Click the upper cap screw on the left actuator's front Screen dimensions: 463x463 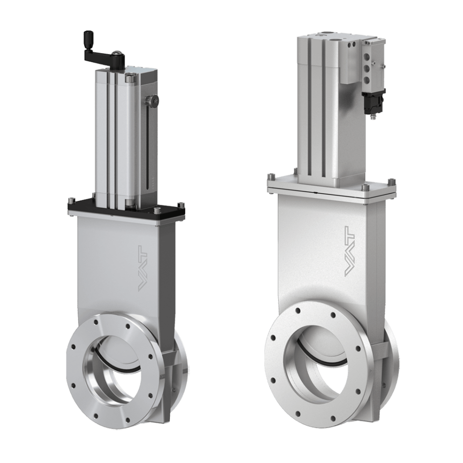pos(129,77)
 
